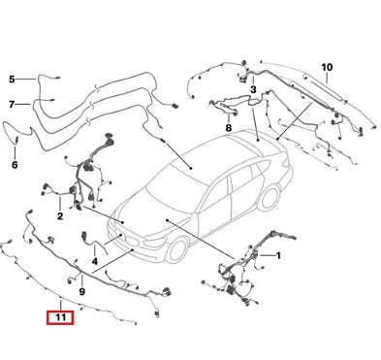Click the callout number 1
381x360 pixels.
[279, 256]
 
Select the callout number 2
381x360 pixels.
[60, 216]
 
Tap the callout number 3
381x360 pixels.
[253, 89]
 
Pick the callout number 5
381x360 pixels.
[13, 80]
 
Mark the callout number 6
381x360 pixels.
[15, 165]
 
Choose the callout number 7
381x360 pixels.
[13, 104]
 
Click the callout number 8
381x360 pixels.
[229, 127]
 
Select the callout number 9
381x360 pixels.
[80, 291]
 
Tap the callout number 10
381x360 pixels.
[327, 67]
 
